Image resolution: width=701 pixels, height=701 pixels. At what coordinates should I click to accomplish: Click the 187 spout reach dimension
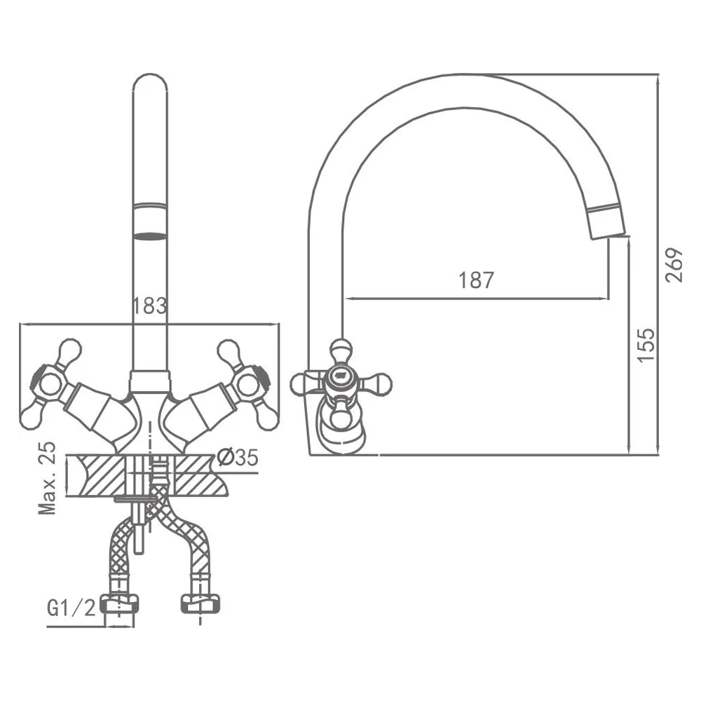click(476, 280)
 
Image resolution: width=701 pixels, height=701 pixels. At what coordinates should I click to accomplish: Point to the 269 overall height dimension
click(674, 265)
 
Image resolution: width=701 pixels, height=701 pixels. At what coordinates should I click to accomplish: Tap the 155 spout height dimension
click(646, 345)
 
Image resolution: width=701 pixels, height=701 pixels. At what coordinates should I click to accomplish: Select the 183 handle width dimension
click(149, 306)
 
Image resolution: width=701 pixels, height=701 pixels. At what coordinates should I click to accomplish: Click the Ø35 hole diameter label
click(238, 457)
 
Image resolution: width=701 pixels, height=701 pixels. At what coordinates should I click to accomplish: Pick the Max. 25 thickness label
click(48, 477)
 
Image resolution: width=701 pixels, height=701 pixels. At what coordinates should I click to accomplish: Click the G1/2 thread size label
click(71, 608)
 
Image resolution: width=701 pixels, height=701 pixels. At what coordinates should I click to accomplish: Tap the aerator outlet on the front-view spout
click(150, 236)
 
